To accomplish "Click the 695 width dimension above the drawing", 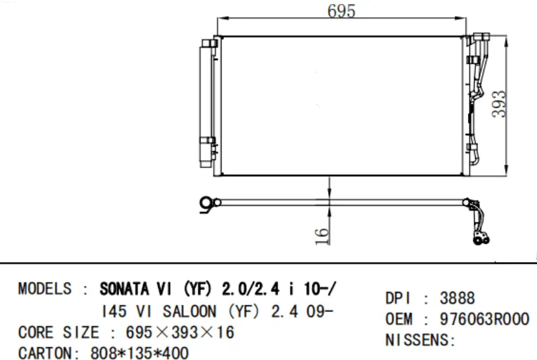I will tap(341, 11).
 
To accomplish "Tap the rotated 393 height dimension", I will tap(501, 104).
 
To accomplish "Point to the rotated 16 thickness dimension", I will tap(322, 235).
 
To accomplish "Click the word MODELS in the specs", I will tap(44, 290).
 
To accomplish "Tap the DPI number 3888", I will tap(458, 298).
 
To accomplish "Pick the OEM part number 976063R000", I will tap(484, 320).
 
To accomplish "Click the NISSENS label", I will tap(421, 341).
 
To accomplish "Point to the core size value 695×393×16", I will tap(179, 332).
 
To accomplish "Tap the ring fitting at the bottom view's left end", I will tap(208, 203).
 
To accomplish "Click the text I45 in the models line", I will tap(114, 311).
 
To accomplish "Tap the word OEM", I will tap(399, 320).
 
